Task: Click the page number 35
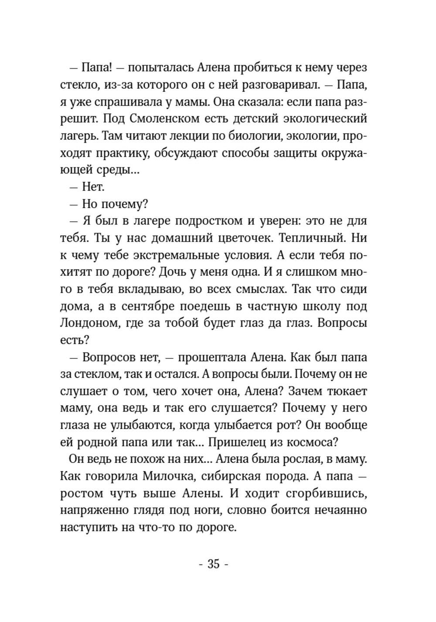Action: pos(213,564)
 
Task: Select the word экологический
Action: pos(323,118)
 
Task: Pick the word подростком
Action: pos(207,220)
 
